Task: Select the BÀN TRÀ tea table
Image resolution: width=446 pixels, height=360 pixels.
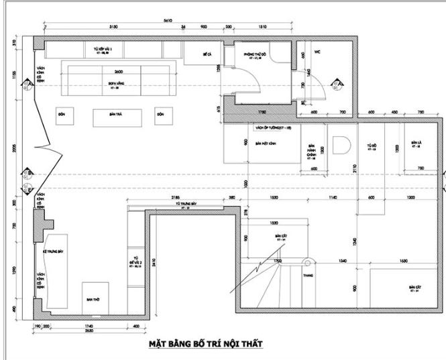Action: pos(118,115)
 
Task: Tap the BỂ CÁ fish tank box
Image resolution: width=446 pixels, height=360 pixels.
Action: pos(207,53)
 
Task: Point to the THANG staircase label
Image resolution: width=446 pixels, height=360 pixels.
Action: pos(309,276)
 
